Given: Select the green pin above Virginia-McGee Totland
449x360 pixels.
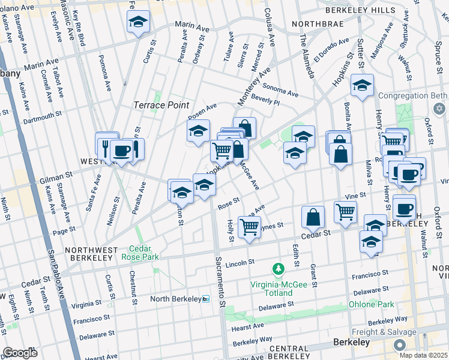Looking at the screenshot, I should click(278, 266).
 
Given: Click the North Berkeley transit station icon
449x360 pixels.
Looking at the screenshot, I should click(206, 299).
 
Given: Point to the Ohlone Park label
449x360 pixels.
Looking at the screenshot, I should click(372, 304).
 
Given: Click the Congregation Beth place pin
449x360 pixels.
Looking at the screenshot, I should click(439, 109).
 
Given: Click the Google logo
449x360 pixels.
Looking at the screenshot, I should click(20, 353).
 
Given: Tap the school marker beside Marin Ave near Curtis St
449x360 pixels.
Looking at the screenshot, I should click(139, 22).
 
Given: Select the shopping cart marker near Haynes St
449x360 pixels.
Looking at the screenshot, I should click(249, 227).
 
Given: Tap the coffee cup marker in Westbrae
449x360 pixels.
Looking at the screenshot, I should click(121, 151).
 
